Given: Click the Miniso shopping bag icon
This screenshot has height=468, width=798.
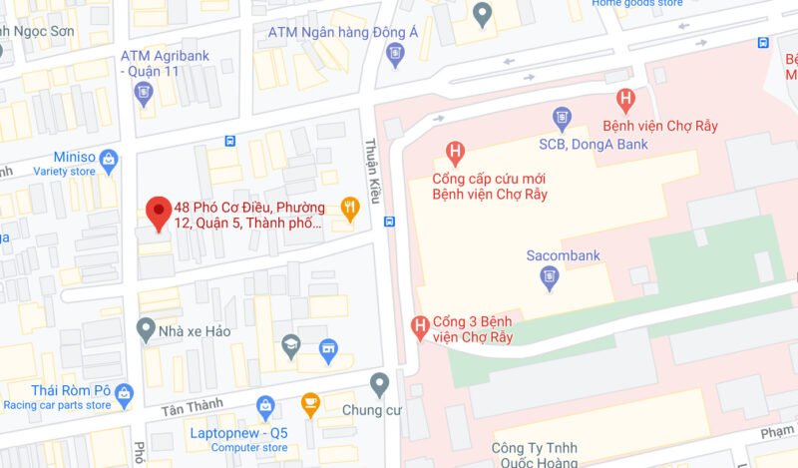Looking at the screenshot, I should [x=109, y=159].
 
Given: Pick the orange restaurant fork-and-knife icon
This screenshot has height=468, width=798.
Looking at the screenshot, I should [x=349, y=209].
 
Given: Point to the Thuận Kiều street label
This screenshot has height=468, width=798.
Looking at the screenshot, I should [x=374, y=170].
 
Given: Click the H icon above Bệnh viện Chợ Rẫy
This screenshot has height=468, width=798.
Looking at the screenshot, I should [x=625, y=99].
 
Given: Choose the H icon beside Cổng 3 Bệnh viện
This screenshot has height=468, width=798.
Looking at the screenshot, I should [x=420, y=325].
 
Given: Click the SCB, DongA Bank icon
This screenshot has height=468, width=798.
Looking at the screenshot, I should [x=562, y=118].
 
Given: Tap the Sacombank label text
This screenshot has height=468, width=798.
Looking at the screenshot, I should [x=564, y=255].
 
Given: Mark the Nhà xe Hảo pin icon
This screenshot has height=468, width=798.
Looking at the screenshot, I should [x=146, y=327].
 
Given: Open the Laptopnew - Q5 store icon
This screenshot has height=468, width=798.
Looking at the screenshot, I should [x=265, y=405].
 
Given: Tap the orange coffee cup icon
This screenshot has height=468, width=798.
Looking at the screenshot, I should [x=310, y=405].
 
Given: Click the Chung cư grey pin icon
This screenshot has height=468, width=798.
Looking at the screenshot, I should [x=379, y=383].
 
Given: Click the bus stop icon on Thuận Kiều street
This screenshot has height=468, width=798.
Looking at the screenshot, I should [x=390, y=222].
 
